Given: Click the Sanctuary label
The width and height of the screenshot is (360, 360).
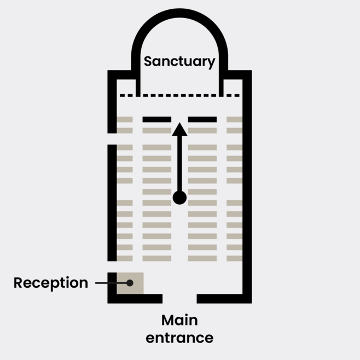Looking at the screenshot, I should [x=179, y=62].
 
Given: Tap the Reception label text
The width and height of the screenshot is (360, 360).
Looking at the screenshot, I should [x=50, y=283].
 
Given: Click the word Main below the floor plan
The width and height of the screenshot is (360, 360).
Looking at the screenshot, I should [x=179, y=320].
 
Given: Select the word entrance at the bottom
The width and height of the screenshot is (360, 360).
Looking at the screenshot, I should [x=179, y=338].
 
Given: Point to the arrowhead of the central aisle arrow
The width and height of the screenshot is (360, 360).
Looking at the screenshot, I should [x=179, y=130].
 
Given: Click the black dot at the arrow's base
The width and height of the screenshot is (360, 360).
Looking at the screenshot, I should [x=179, y=198].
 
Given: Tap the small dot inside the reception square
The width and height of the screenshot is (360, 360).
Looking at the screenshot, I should [x=130, y=283].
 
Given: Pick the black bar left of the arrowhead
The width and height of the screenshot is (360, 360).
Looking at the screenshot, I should [x=157, y=119].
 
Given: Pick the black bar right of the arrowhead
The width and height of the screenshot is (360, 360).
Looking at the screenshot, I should [x=202, y=119].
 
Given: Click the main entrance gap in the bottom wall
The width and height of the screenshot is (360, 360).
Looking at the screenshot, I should [x=179, y=299].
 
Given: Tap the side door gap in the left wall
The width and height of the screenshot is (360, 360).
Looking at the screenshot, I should [x=112, y=139].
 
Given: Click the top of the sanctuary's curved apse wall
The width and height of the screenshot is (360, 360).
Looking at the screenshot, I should [x=179, y=13].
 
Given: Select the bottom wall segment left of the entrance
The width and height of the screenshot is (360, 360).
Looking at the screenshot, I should [x=137, y=299].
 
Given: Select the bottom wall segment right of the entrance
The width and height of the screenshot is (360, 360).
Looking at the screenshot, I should [x=223, y=299].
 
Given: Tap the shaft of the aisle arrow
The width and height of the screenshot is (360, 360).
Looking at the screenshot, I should [x=179, y=164].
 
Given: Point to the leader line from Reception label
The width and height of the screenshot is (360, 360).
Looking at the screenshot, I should [x=109, y=283].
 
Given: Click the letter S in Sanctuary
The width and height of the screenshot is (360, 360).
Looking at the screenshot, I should [x=148, y=62].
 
